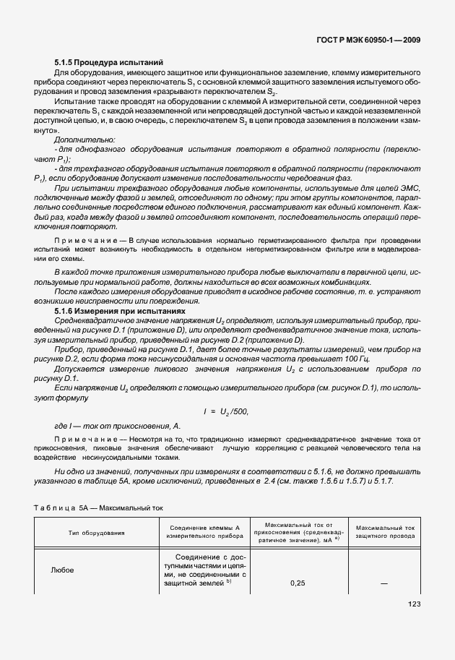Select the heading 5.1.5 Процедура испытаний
coord(109,62)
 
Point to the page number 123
coord(414,604)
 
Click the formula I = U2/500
coord(225,411)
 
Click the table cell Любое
coord(61,569)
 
